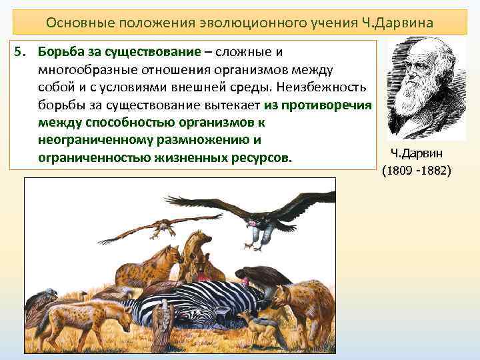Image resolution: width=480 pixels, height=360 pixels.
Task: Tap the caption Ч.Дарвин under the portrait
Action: coord(417,155)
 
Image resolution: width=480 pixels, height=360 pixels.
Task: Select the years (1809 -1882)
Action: coord(417,171)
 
